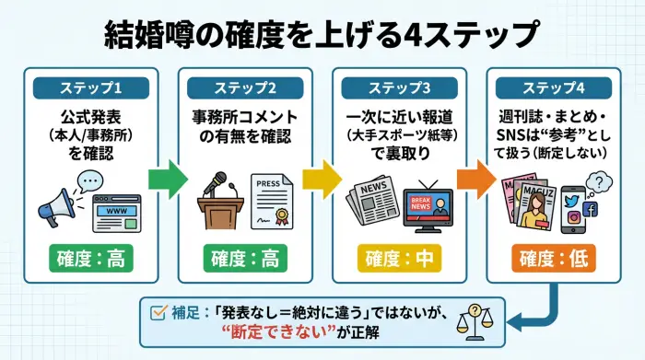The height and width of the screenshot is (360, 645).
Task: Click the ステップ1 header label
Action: [91, 89]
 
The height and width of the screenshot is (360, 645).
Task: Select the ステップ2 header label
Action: [244, 89]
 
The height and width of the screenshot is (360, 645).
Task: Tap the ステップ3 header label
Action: [399, 89]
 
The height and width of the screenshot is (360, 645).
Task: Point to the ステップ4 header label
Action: [552, 89]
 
